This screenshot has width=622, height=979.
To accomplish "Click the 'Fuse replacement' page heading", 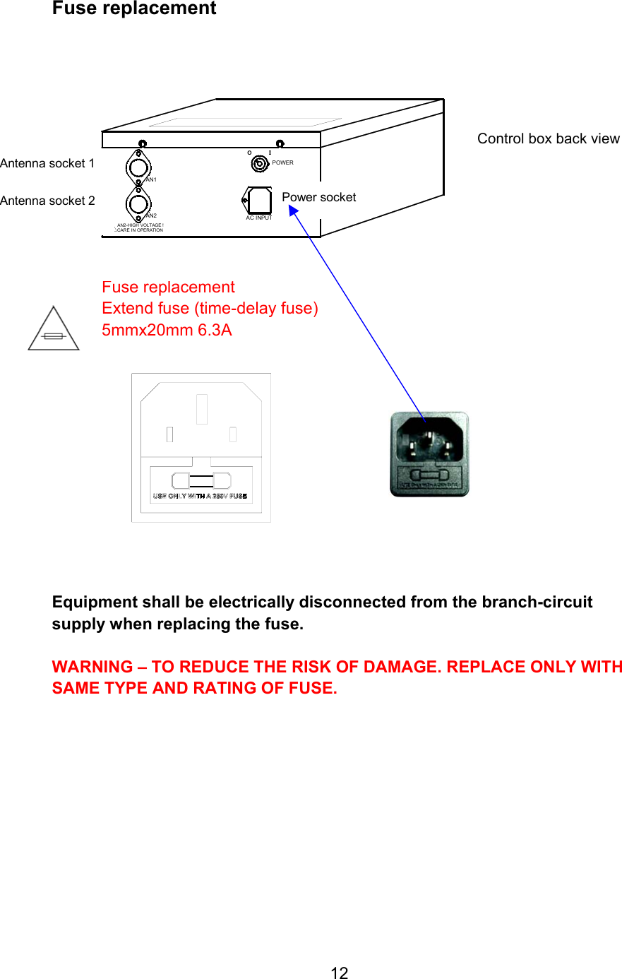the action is point(134,8).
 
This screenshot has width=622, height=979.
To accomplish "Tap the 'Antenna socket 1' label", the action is point(47,163).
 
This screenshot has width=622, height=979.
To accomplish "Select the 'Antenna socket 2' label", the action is point(47,201).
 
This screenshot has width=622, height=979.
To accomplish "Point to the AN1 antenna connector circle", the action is point(138,167).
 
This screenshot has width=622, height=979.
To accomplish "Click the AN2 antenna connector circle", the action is point(138,204).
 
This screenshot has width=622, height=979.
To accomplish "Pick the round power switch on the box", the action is point(260,164).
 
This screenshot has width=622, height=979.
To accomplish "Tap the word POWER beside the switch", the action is point(282,162).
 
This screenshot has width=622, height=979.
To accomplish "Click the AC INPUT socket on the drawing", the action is point(259,201).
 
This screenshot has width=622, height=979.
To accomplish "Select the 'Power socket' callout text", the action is point(318,197).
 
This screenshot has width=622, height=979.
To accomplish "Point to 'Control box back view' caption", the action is point(548,138).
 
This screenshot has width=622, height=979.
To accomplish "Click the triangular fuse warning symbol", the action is point(54,331).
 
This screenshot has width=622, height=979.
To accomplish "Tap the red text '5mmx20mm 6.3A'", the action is point(167,330).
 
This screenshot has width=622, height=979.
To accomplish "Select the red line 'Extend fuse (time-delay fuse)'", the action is point(210,308).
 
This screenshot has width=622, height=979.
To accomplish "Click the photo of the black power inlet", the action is point(429,453).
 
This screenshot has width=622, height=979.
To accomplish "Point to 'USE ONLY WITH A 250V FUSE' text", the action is point(200,497).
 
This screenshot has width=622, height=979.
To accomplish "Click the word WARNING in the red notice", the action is point(92,667).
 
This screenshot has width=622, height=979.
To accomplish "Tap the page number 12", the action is point(339,973).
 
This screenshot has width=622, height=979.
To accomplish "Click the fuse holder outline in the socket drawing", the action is point(201,481).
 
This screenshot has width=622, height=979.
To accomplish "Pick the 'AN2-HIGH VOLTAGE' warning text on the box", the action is point(140,225).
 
